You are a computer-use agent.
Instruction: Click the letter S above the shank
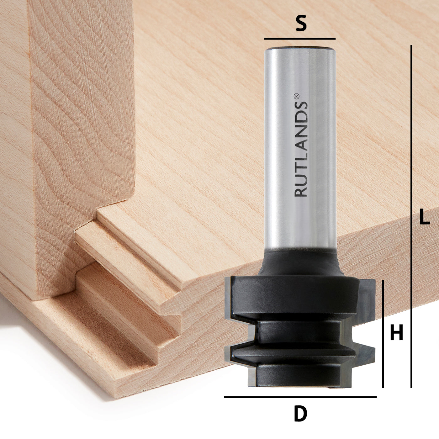(x=301, y=24)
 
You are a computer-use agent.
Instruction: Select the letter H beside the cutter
(x=396, y=333)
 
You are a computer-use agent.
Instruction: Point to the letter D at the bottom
(x=300, y=414)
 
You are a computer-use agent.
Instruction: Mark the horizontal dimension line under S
(x=299, y=39)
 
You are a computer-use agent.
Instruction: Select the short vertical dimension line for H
(x=383, y=334)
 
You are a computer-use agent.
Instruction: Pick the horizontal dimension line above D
(x=300, y=397)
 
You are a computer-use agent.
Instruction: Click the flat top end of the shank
(x=299, y=49)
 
